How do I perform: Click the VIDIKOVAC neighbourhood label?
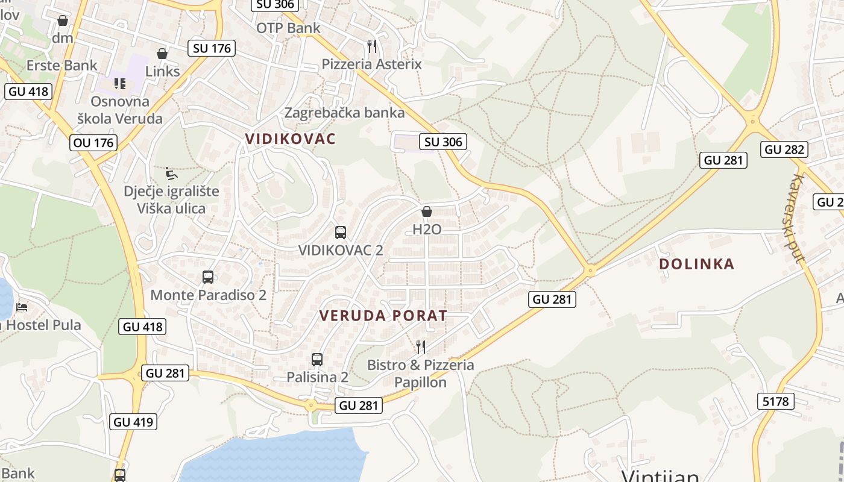coord(290,139)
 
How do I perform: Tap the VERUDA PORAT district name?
coord(383,316)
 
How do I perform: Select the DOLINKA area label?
coord(696,264)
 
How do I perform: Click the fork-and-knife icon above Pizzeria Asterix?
coord(372,46)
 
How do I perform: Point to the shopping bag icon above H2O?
coord(427,211)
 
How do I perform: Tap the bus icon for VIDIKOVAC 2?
coord(341,232)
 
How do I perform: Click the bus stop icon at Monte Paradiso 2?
coord(208,277)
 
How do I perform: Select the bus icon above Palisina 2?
coord(317,360)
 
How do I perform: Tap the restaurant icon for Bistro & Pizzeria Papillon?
coord(421,346)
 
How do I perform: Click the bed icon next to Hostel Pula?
coord(22,307)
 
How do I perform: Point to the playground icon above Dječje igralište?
coord(171,174)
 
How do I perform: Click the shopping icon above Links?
coord(162,54)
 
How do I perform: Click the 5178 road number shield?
coord(775,401)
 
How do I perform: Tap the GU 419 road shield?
coord(134,422)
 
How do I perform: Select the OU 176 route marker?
coord(93,143)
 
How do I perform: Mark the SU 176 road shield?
coord(212,48)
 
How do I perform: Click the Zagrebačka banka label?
coord(344,113)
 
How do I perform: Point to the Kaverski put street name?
coord(798,219)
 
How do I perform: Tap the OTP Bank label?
coord(288,28)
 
